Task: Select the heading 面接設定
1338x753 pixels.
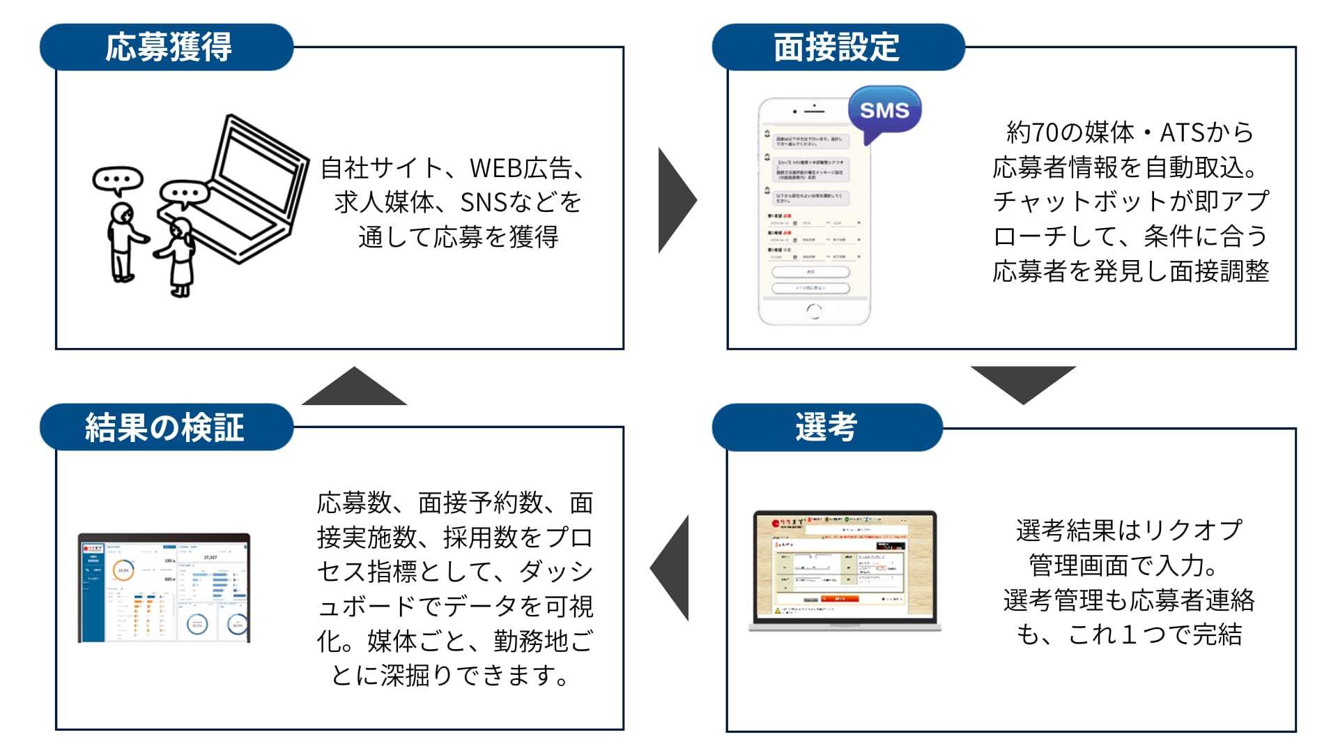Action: click(836, 47)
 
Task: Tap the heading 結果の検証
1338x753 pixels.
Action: click(165, 427)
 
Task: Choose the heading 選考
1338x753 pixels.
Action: click(826, 427)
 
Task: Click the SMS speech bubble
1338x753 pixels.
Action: click(884, 110)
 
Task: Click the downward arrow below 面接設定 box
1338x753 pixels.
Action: click(1023, 382)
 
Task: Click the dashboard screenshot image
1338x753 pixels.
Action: click(164, 588)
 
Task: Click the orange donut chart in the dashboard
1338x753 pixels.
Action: click(123, 570)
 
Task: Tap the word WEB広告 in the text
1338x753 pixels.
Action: click(521, 168)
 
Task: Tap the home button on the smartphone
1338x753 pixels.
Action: click(813, 311)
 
